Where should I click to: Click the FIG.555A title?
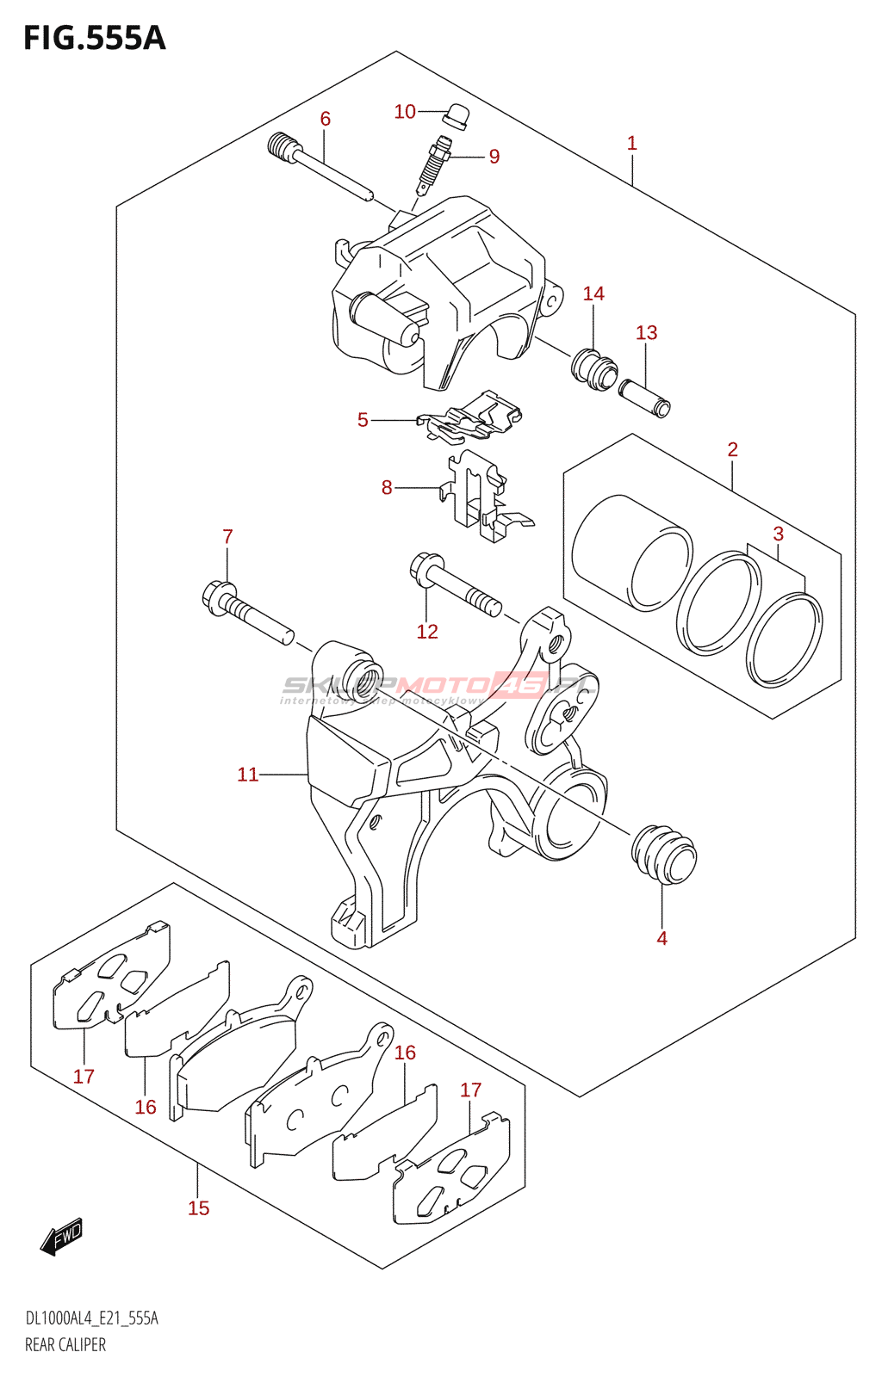tap(94, 39)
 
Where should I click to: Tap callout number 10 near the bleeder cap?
tap(405, 112)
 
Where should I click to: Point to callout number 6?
tap(326, 119)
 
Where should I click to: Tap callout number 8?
tap(387, 488)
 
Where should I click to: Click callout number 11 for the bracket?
tap(247, 775)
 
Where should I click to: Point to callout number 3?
tap(778, 534)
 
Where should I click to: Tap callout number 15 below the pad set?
tap(199, 1208)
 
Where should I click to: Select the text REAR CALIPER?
tap(65, 1345)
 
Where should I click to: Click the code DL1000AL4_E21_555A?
tap(91, 1318)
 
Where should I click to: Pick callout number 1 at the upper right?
tap(631, 143)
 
